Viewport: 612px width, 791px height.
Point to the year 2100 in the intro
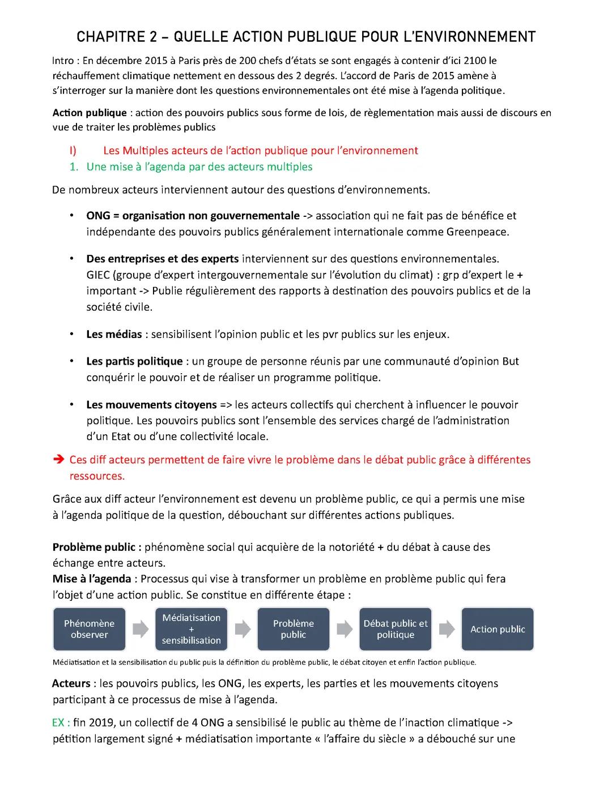click(476, 61)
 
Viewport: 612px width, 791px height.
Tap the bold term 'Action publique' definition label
click(90, 113)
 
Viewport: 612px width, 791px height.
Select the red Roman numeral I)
click(73, 151)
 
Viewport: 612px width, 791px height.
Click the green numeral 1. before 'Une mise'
click(73, 166)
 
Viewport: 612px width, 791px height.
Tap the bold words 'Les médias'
click(114, 334)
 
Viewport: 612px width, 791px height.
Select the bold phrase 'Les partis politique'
click(134, 361)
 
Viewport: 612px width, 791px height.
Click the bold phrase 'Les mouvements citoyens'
click(151, 405)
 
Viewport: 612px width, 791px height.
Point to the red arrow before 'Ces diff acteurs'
click(58, 460)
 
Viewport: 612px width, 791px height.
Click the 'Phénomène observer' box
click(89, 629)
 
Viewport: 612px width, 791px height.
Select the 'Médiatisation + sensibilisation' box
click(191, 629)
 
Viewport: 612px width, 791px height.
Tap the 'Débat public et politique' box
click(396, 629)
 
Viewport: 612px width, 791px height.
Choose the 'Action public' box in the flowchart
click(498, 629)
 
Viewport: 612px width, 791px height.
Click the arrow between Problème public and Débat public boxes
click(345, 629)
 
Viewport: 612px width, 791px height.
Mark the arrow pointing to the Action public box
click(447, 629)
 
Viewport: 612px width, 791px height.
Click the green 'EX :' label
click(61, 722)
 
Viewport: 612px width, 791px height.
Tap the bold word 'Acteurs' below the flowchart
click(71, 683)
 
